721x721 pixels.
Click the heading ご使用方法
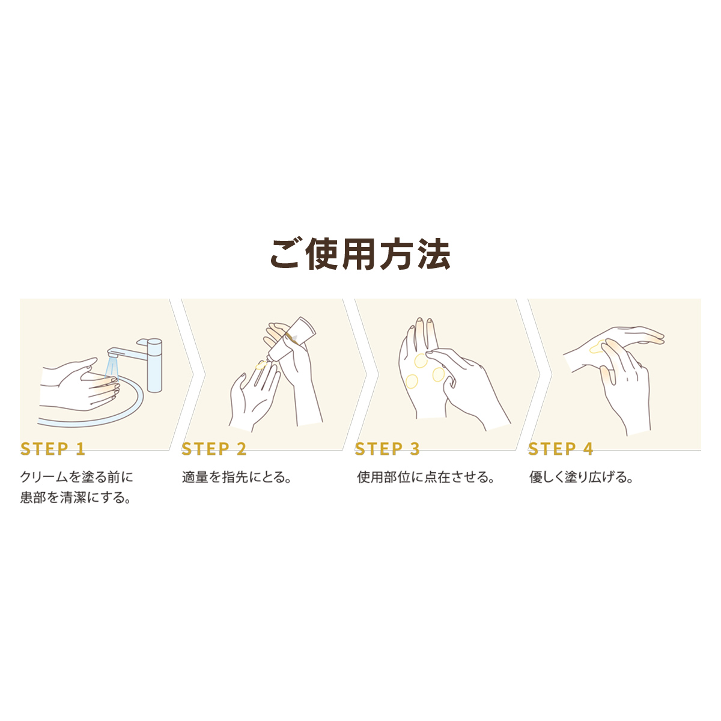(x=360, y=254)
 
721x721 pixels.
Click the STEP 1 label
(x=53, y=449)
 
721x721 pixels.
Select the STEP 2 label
(x=214, y=449)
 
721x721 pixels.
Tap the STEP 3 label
(x=388, y=449)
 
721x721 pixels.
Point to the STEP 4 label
(x=561, y=449)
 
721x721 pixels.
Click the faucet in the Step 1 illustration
(x=142, y=363)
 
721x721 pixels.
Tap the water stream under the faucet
(x=112, y=368)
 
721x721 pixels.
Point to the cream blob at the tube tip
(x=261, y=364)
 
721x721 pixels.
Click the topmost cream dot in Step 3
(x=421, y=360)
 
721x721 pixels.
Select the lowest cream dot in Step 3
(x=412, y=382)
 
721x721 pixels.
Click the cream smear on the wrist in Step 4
(x=597, y=347)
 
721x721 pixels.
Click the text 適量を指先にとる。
(x=237, y=478)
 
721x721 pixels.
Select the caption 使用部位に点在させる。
(x=426, y=478)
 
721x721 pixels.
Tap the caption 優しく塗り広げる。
(x=581, y=478)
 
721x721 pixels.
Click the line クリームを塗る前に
(x=76, y=477)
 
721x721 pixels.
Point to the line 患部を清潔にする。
(x=76, y=498)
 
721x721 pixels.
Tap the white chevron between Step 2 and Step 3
(x=354, y=374)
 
